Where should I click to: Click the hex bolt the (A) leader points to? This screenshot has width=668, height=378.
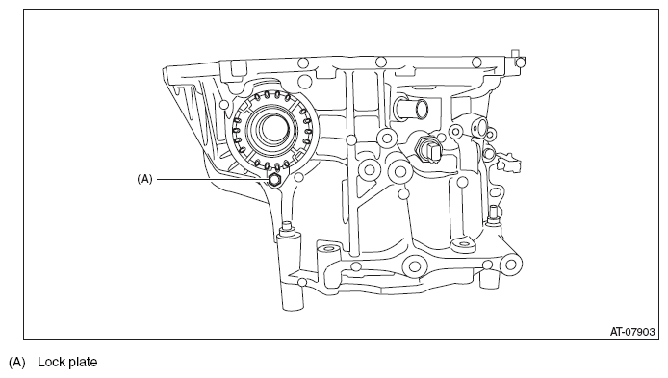point(274,180)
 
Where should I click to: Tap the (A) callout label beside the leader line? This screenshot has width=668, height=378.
point(144,179)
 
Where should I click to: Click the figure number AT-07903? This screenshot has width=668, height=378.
point(632,332)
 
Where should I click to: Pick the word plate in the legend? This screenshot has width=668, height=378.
point(83,363)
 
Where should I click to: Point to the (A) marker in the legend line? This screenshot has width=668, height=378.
point(17,363)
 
